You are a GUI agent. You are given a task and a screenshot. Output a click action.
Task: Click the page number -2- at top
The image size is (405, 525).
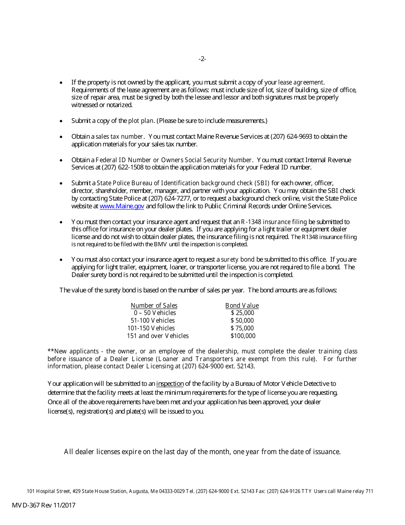[x=202, y=59]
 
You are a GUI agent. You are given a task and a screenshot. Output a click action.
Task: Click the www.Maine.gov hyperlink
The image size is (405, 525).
[x=122, y=206]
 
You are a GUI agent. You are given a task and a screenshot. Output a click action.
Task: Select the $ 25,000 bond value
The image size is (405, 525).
[x=242, y=313]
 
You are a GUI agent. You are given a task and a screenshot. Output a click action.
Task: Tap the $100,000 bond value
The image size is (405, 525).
[x=243, y=336]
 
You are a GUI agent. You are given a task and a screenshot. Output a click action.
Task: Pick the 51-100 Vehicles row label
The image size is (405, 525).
[x=153, y=321]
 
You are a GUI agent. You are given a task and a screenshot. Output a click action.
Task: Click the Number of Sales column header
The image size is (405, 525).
[x=154, y=306]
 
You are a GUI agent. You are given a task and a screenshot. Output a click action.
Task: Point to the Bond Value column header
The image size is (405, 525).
[x=242, y=306]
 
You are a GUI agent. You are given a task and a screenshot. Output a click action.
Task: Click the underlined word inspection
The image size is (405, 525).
[x=170, y=384]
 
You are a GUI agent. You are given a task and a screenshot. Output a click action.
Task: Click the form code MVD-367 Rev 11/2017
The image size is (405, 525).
[x=43, y=505]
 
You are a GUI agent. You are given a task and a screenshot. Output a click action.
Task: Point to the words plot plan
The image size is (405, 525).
[x=141, y=121]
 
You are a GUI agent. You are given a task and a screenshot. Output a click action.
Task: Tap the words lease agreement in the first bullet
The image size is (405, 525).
[x=301, y=82]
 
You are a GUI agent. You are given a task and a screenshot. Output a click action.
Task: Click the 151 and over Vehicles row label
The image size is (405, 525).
[x=157, y=336]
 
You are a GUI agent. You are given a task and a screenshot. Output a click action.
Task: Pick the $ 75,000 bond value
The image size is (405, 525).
[x=242, y=328]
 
